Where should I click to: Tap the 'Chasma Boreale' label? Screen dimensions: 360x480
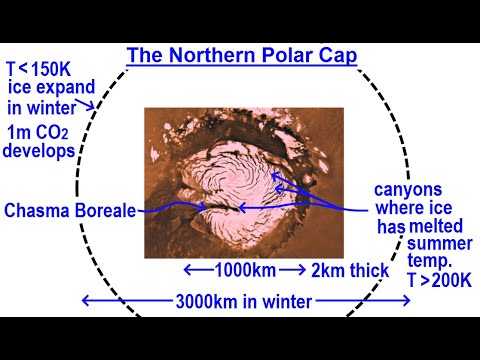[69, 211]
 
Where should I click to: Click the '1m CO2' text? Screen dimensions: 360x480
[39, 133]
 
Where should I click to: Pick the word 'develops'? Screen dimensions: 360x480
[40, 152]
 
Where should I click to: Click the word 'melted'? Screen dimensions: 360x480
[437, 227]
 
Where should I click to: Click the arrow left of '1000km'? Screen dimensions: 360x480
[197, 270]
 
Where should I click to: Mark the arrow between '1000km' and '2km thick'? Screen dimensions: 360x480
[292, 270]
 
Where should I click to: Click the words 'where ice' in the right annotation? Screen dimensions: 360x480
[411, 208]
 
